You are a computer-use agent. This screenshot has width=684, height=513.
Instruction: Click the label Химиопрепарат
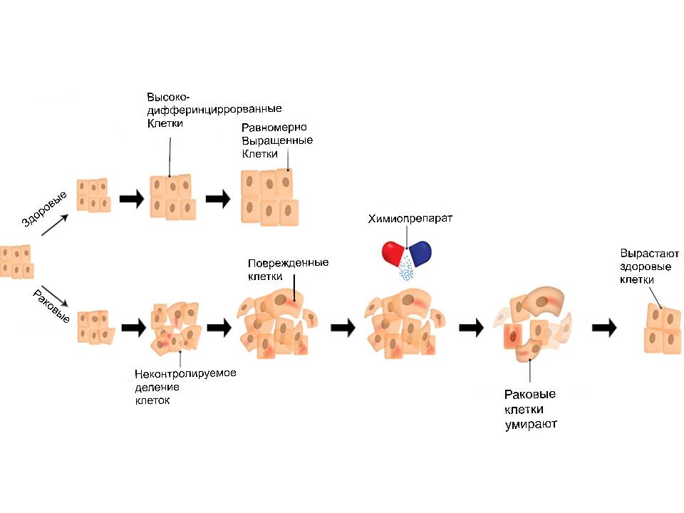410,218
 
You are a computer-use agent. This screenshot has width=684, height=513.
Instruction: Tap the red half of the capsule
393,253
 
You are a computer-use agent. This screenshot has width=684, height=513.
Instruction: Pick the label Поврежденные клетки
288,269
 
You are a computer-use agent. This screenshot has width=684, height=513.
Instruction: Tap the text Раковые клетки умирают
529,409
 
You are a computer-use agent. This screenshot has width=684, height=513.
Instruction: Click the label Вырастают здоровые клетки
650,266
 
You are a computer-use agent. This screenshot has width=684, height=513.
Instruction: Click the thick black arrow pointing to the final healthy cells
605,327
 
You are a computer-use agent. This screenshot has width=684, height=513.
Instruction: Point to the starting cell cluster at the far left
17,261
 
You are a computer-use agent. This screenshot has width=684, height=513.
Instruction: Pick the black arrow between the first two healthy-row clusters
131,199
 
